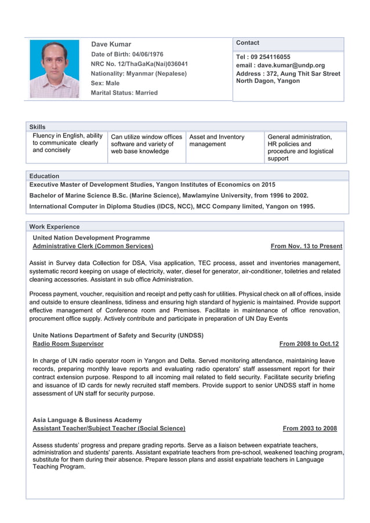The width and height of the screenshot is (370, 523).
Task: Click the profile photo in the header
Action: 55,69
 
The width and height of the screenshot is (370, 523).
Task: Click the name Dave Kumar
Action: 111,44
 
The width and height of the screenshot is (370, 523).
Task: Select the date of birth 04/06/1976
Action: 144,54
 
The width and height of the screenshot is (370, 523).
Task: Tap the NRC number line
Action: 139,64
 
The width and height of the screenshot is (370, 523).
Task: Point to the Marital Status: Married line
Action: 124,93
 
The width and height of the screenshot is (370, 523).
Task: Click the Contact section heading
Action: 248,43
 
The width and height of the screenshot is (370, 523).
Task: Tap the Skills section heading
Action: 37,127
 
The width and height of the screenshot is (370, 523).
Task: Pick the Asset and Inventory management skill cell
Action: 217,140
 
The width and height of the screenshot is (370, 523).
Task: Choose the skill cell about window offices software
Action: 146,144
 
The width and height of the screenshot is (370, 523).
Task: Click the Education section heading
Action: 44,176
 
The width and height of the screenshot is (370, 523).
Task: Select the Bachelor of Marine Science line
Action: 169,195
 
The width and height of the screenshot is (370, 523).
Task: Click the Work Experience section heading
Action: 55,227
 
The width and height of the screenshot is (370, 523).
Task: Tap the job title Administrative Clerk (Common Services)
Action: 93,246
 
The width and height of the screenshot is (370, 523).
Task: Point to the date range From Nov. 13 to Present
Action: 306,246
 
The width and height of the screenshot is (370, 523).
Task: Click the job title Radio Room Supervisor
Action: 68,344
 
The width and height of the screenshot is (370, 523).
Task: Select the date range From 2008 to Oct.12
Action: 309,344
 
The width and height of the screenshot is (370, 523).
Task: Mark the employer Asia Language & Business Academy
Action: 87,420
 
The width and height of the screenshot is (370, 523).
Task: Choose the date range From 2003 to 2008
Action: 310,428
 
